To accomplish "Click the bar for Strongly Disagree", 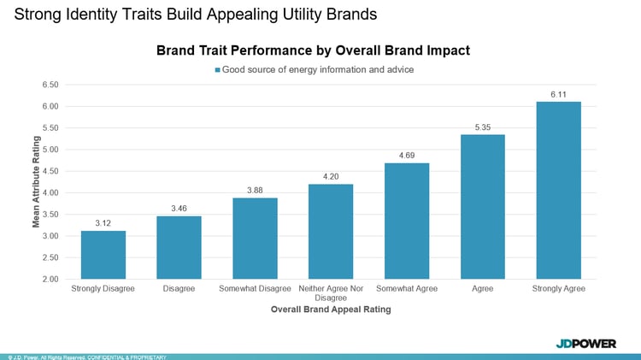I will (103, 255).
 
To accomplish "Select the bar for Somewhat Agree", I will (407, 221).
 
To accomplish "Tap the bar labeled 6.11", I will (559, 190).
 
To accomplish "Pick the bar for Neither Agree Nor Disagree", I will (331, 231).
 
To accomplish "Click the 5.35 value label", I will (483, 127).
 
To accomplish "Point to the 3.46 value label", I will (179, 209).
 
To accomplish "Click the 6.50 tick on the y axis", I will (49, 85).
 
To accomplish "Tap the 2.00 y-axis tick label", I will (49, 279).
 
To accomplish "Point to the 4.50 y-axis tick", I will (49, 171).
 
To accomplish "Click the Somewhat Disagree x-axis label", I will (255, 289).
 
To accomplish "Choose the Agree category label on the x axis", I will (483, 289).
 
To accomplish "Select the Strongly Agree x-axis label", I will (559, 289).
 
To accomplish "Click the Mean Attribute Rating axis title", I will (36, 181).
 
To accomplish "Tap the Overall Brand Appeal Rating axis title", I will (331, 310).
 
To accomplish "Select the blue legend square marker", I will (218, 69).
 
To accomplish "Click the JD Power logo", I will (585, 343).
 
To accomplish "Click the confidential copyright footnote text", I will (85, 357).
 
